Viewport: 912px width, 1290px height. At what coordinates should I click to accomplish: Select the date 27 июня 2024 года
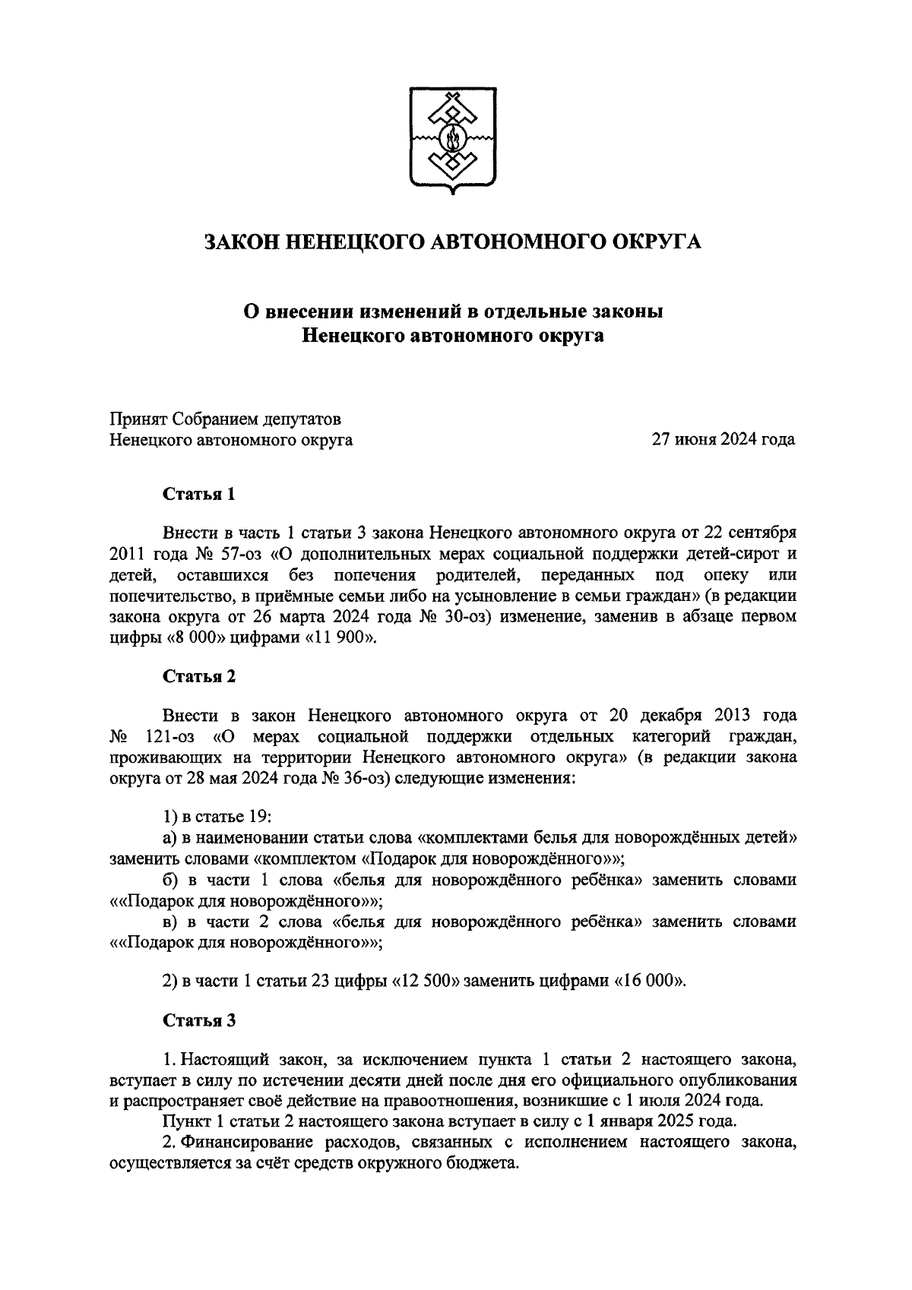coord(723,440)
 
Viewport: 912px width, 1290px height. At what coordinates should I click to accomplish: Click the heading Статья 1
coord(199,495)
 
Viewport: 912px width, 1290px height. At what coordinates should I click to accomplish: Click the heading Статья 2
coord(199,677)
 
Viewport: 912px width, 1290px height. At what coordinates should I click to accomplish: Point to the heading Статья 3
coord(199,1020)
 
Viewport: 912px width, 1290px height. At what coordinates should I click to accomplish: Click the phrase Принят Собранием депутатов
coord(226,419)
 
